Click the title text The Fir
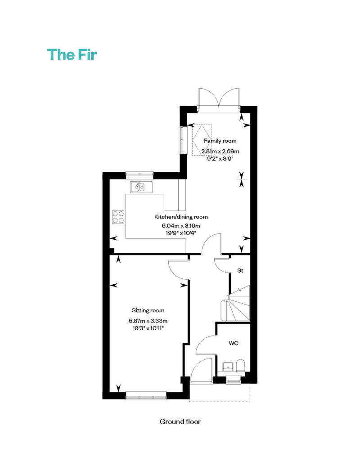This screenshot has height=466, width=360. tap(72, 54)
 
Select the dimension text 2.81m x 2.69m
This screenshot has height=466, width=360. tap(220, 152)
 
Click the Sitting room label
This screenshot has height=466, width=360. tap(148, 310)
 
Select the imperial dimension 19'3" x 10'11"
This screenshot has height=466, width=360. tap(148, 328)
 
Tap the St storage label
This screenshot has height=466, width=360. tap(240, 271)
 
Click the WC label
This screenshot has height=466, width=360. tap(234, 343)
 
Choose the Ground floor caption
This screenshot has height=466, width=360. tap(180, 421)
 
